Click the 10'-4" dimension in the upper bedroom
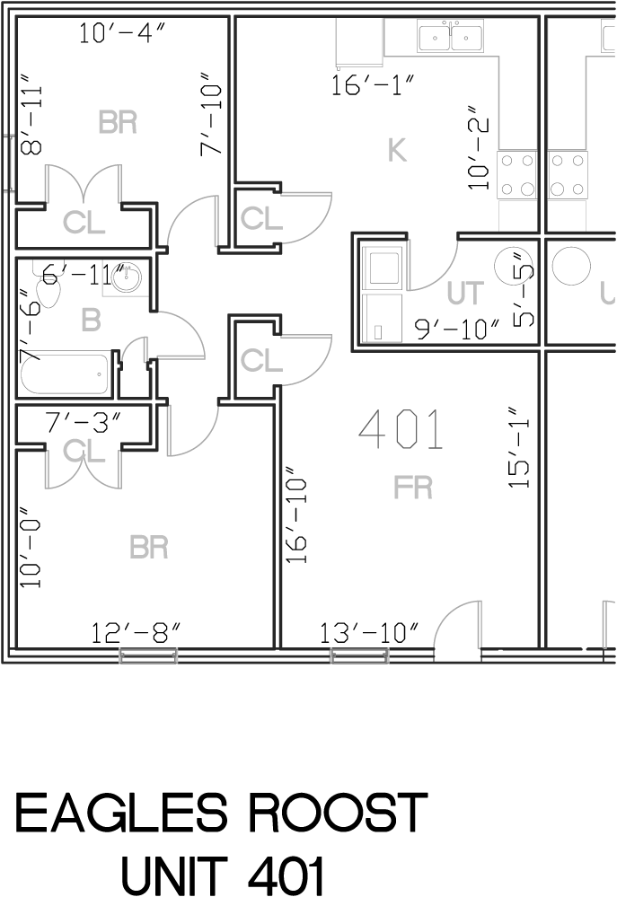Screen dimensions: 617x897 pos(121,32)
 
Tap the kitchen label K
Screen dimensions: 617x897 pos(397,151)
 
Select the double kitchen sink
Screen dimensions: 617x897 pos(451,36)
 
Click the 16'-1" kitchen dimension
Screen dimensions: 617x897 pos(373,85)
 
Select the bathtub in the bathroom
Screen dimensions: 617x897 pos(65,374)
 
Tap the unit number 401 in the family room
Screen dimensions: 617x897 pos(401,430)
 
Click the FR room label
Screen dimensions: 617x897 pos(412,488)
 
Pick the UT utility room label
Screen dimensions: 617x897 pos(465,293)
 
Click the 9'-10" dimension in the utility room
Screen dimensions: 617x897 pos(457,330)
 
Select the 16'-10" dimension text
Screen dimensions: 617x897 pos(297,514)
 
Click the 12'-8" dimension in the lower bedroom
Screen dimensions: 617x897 pos(137,634)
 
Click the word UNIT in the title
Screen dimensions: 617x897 pos(171,875)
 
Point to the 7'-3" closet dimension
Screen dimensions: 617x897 pos(84,423)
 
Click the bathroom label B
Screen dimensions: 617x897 pos(91,321)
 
